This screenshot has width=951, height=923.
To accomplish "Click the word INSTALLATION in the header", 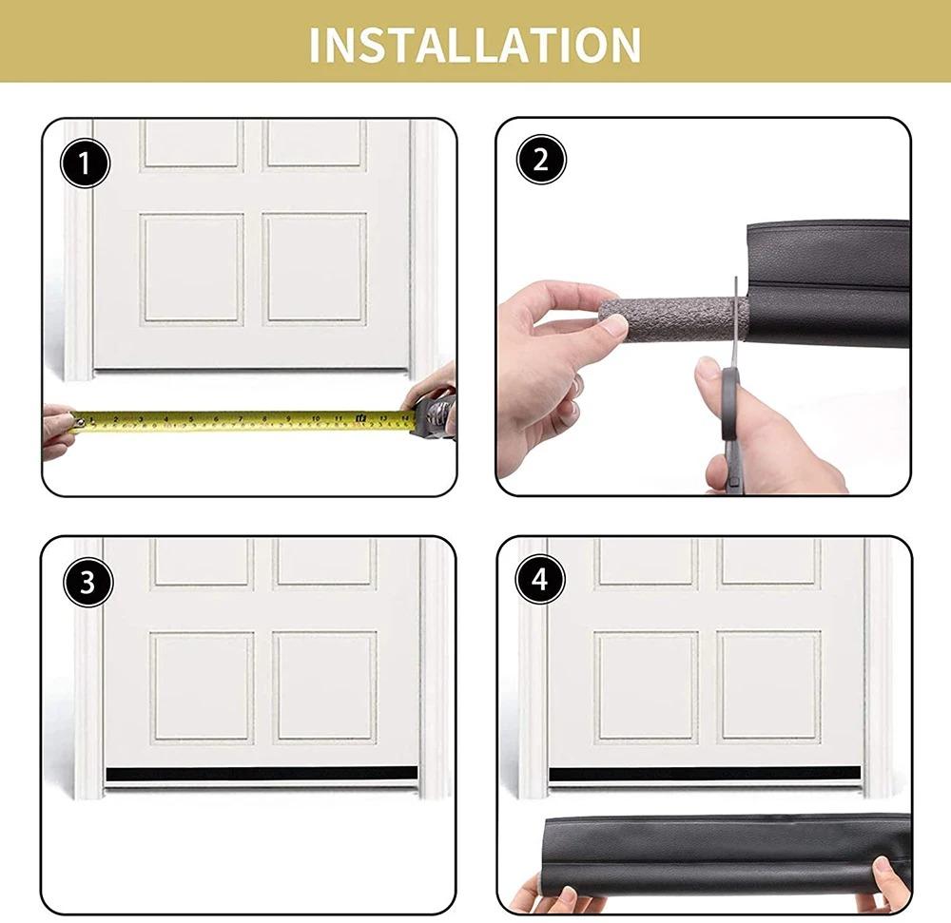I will pos(475,44).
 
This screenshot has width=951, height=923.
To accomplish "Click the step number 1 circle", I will pos(87,163).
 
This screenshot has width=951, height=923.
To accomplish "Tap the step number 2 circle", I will pos(541,160).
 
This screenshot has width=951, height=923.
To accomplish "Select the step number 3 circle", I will pos(88,582).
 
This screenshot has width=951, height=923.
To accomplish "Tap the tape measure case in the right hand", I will pos(433,416).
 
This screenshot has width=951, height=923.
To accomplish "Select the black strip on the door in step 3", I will pos(261,774).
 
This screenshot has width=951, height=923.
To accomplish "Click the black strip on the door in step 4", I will pos(704,774).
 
